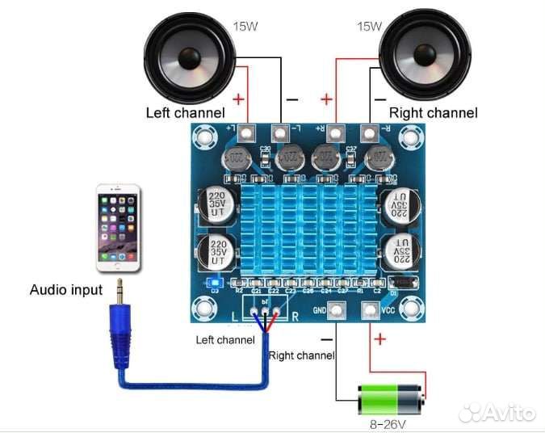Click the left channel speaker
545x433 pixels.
click(x=187, y=60)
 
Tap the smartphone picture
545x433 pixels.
click(x=118, y=229)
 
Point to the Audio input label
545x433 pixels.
click(x=66, y=290)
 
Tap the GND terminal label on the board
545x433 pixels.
click(x=320, y=309)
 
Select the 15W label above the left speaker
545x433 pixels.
click(x=245, y=26)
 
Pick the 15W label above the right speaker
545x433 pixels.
click(x=368, y=26)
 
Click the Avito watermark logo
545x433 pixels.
click(x=498, y=413)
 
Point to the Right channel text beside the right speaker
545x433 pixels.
click(x=433, y=113)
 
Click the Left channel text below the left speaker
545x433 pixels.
click(x=185, y=113)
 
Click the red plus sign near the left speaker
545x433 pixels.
click(x=239, y=100)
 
